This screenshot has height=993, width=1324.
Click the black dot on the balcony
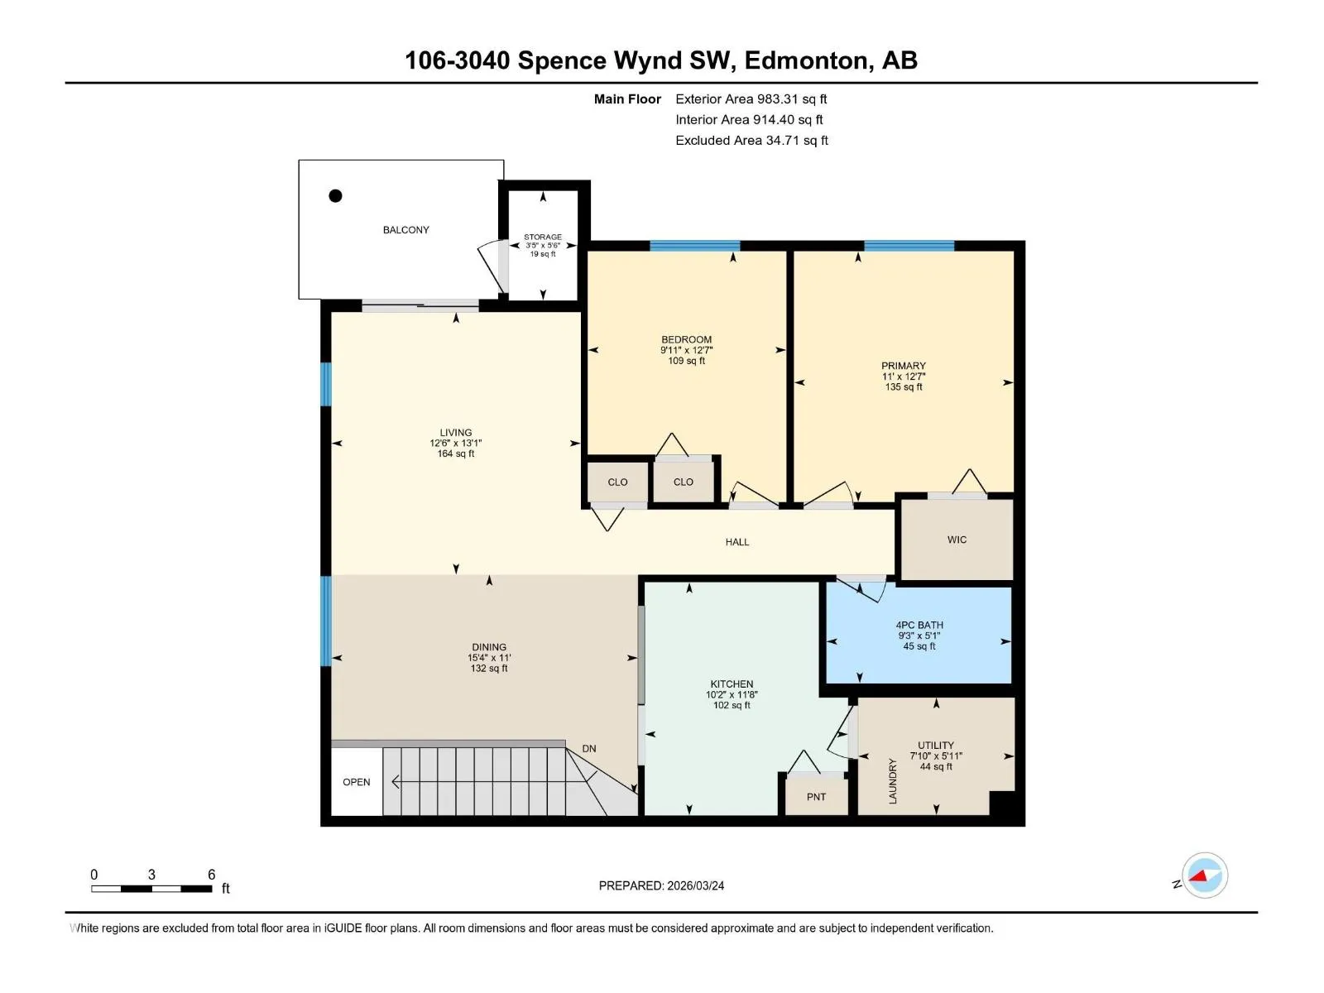pos(335,195)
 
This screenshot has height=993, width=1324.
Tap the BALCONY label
pos(406,230)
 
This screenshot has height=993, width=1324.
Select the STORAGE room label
pos(543,237)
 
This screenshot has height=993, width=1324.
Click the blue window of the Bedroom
pos(694,246)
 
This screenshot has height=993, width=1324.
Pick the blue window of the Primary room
pos(909,246)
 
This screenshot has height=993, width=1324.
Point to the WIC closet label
pos(957,540)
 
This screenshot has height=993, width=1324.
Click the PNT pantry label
pos(816,797)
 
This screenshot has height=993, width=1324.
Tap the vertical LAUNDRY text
pos(893,781)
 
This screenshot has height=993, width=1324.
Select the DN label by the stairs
pos(588,749)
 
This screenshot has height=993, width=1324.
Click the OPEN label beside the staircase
pos(357,782)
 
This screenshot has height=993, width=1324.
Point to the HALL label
pos(737,542)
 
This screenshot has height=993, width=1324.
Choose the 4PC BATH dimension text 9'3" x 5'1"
pos(919,636)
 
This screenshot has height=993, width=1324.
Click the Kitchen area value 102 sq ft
pos(732,705)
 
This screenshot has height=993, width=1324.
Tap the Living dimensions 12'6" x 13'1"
pos(455,444)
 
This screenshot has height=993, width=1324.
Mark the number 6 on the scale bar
pos(211,874)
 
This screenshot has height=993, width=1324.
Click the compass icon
pos(1205,875)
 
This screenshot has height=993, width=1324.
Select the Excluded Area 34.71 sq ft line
pos(751,141)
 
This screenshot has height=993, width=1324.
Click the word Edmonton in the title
pos(808,60)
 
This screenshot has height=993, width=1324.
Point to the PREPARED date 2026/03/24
pos(695,885)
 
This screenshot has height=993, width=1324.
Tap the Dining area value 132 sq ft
pos(489,668)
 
